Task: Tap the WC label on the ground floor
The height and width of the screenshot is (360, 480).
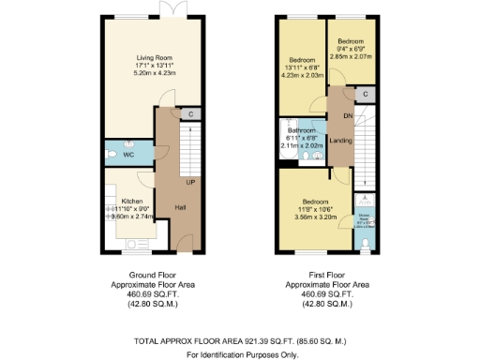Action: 129,152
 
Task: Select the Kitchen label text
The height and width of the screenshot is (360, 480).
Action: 131,201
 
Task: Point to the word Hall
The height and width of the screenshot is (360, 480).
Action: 179,208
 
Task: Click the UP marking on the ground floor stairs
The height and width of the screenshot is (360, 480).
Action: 189,182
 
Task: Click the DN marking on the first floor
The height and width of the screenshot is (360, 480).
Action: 346,116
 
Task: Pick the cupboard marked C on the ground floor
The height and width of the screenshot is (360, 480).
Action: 190,114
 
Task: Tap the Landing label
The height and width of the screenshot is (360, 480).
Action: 341,141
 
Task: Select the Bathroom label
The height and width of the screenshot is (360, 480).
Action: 302,130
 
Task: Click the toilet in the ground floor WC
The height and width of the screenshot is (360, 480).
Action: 110,152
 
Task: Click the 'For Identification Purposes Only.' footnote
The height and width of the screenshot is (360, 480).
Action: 240,353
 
